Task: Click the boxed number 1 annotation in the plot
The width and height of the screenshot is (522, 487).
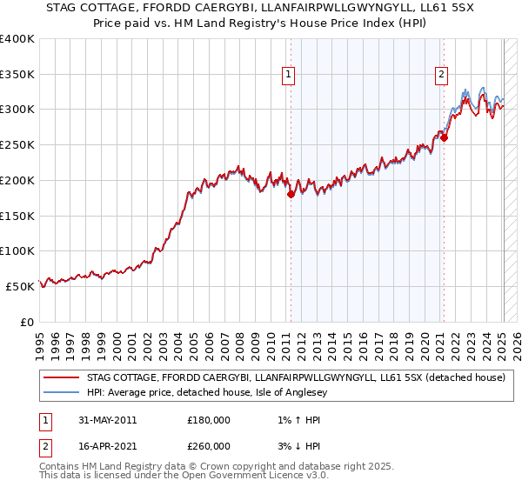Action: coord(287,76)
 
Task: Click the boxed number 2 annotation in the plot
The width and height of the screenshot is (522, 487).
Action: coord(442,76)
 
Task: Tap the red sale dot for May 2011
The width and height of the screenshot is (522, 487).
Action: coord(291,195)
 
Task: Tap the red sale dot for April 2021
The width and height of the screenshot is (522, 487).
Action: coord(444,137)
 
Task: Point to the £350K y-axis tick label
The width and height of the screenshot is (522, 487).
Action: coord(18,74)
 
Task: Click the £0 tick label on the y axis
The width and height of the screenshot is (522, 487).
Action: coord(28,322)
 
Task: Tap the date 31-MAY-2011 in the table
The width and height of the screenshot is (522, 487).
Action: coord(106,420)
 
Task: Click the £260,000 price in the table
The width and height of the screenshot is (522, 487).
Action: coord(209,446)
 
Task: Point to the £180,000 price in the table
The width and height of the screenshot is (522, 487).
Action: coord(209,420)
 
